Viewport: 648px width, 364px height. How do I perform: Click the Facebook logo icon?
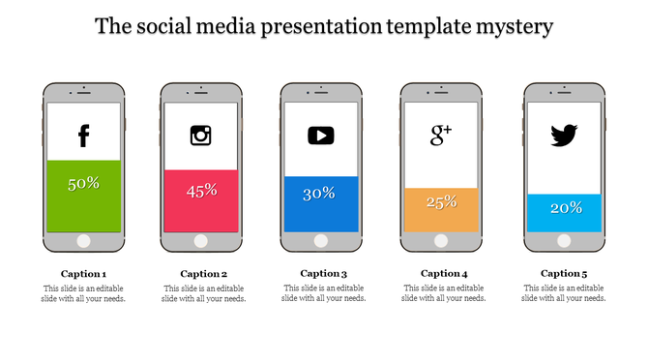83,136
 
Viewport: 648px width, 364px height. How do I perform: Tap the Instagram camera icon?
201,135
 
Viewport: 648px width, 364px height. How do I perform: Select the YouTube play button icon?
321,136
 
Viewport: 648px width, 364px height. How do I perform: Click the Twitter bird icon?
564,136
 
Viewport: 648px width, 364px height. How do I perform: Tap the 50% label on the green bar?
83,183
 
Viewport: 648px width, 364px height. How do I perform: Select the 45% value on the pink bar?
201,191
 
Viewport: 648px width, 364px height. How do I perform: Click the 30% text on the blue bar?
319,194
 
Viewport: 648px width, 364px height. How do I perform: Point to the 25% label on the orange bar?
441,201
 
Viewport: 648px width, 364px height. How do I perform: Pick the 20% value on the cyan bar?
566,208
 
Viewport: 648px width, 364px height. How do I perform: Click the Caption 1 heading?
83,273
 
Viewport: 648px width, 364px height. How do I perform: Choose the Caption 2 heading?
203,273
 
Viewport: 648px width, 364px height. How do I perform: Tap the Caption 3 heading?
324,273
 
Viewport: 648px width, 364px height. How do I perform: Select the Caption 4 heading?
444,273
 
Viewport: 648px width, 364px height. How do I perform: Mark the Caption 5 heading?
565,273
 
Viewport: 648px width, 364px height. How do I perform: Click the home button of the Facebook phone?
83,241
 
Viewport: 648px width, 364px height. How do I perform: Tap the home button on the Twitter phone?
565,241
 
